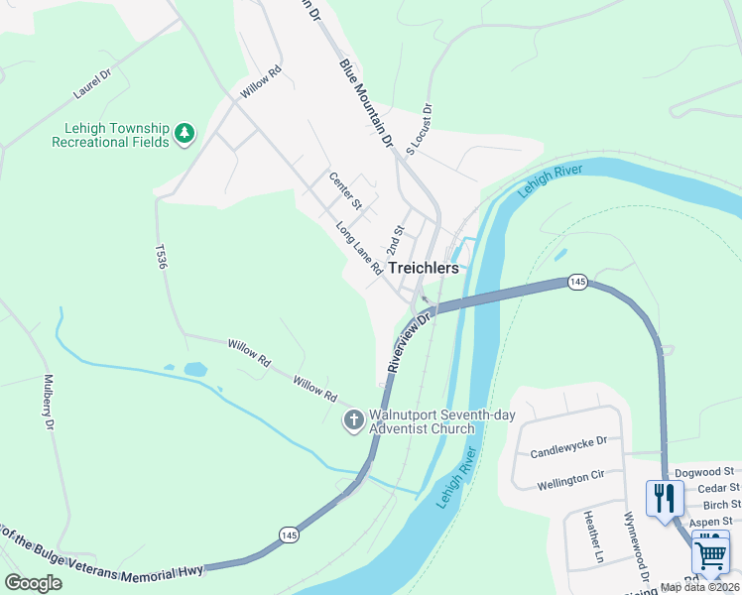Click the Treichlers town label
pyautogui.click(x=424, y=268)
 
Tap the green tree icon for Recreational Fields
pyautogui.click(x=185, y=133)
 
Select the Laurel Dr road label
pyautogui.click(x=92, y=83)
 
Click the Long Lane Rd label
pyautogui.click(x=359, y=248)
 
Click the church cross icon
pyautogui.click(x=353, y=421)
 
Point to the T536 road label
pyautogui.click(x=161, y=258)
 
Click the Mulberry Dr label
pyautogui.click(x=48, y=401)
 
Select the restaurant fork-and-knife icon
pyautogui.click(x=662, y=496)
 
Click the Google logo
pyautogui.click(x=33, y=582)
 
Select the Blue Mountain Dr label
pyautogui.click(x=365, y=102)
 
